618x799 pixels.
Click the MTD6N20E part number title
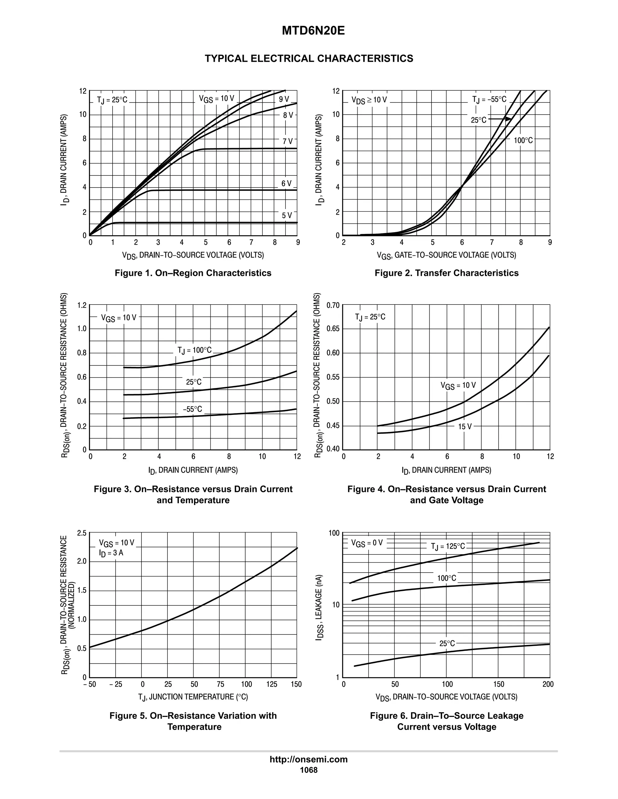coord(313,31)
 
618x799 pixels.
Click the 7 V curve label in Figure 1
coord(287,141)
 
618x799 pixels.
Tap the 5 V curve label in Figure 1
coord(287,216)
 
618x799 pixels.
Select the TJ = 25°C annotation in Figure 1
coord(112,100)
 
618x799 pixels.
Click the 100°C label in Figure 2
coord(523,140)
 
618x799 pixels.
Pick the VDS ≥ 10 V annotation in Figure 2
coord(369,100)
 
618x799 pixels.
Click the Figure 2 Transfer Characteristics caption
coord(446,273)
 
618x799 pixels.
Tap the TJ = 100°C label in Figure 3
coord(194,350)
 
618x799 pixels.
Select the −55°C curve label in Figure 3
coord(193,409)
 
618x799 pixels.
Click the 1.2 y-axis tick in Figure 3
coord(82,305)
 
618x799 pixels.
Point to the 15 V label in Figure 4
coord(465,426)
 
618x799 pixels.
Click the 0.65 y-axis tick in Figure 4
coord(333,329)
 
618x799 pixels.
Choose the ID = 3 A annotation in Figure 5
coord(111,553)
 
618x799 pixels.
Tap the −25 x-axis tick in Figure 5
coord(116,684)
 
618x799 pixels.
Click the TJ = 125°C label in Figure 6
coord(448,546)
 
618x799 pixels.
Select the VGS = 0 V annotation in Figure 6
coord(367,543)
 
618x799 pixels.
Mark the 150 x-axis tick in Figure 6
coord(498,684)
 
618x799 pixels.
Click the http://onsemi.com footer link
coord(308,760)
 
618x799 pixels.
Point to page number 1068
coord(309,770)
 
